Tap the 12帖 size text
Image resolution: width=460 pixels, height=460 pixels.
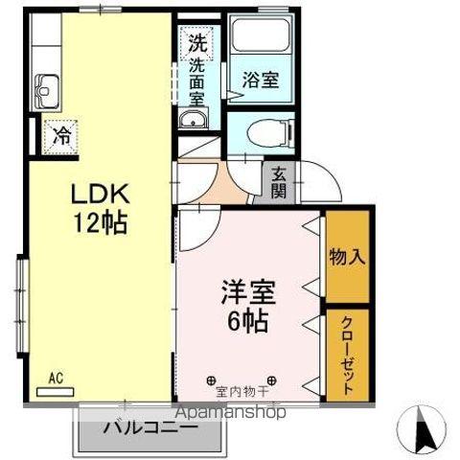pos(98,224)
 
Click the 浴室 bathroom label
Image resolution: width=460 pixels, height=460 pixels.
pos(259,80)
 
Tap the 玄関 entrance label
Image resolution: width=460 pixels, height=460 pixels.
pos(278,181)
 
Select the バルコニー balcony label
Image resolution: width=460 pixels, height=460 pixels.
pos(150,426)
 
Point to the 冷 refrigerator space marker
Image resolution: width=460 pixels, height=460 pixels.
pos(60,136)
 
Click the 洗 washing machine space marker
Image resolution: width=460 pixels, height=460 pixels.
pos(196,43)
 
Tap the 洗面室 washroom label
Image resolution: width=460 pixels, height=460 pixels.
pos(196,82)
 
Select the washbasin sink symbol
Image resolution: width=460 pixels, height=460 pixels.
pos(195,121)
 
